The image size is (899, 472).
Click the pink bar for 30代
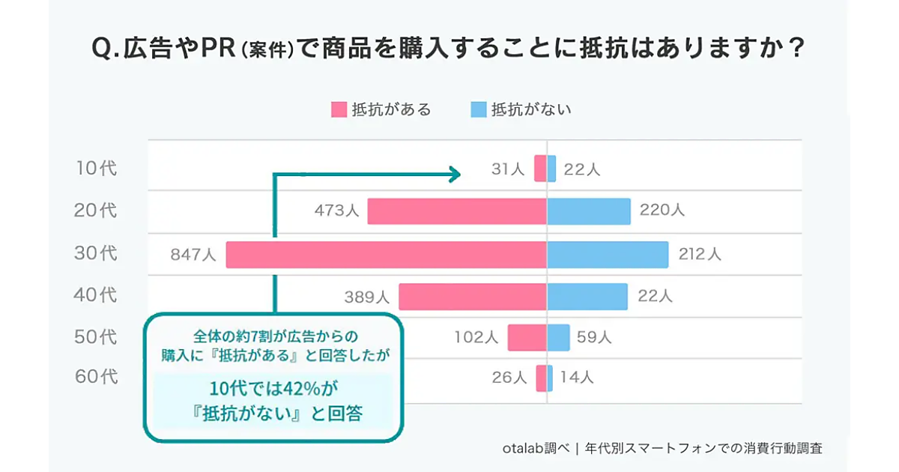tap(386, 255)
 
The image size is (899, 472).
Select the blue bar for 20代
tap(589, 211)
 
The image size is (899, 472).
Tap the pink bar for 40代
tap(472, 297)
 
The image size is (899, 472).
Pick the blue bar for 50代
tap(558, 338)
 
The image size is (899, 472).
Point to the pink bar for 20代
tap(457, 211)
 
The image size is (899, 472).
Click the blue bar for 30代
tap(608, 255)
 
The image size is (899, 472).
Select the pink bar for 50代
tap(527, 338)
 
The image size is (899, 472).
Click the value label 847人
tap(193, 255)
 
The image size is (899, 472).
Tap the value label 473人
tap(336, 211)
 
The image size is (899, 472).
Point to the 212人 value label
tap(699, 255)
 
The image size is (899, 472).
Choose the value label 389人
tap(367, 297)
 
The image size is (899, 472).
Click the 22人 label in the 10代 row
tap(581, 170)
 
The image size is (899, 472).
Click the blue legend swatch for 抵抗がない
tap(479, 109)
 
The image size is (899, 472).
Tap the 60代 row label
tap(97, 377)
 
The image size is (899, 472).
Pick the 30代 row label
tap(97, 254)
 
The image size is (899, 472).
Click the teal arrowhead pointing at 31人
tap(454, 175)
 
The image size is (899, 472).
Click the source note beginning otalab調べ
tap(662, 448)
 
